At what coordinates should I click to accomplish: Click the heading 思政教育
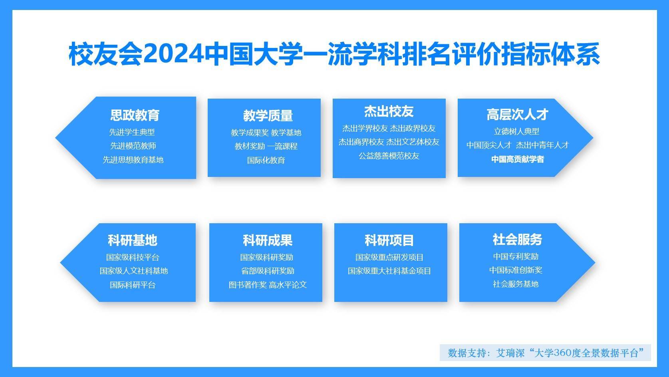(x=135, y=115)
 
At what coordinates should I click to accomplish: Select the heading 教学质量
(x=268, y=116)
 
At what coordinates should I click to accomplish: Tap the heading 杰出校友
(x=389, y=111)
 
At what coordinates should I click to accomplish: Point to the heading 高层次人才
(x=517, y=115)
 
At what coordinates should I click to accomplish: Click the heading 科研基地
(x=132, y=240)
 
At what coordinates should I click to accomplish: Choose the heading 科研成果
(x=268, y=240)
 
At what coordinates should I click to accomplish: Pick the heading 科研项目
(x=389, y=240)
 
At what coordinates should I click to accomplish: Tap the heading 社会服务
(x=517, y=240)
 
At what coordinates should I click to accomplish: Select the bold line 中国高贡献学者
(x=517, y=159)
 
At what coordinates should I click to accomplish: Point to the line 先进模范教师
(x=133, y=146)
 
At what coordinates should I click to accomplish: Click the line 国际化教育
(x=266, y=160)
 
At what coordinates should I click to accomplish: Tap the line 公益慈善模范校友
(x=389, y=156)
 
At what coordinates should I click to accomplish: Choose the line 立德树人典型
(x=516, y=131)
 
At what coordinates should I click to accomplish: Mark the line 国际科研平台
(x=133, y=285)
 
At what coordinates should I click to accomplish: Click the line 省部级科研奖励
(x=268, y=271)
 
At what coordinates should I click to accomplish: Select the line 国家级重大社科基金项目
(x=389, y=271)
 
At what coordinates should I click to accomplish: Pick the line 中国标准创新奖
(x=516, y=270)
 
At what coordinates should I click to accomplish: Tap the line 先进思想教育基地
(x=133, y=160)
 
